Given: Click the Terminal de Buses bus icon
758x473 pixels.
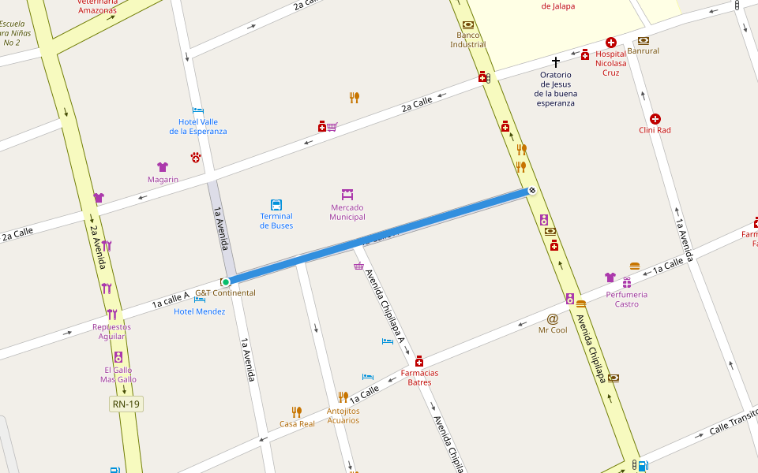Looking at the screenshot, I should coord(276,204).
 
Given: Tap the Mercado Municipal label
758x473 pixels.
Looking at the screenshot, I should coord(347,212).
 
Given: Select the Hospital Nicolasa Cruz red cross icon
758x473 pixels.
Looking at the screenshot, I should coord(610,43).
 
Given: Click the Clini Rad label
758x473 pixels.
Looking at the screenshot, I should coord(655,130).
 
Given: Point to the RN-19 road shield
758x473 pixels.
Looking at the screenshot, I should coord(126,404).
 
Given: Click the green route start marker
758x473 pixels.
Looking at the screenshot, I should coord(225,282).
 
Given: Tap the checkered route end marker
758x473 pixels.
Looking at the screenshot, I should coord(532,190).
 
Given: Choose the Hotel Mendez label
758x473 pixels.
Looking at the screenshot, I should coord(199,311).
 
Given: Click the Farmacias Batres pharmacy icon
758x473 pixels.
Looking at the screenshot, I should coord(419,360).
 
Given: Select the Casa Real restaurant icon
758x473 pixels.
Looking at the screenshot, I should coord(296,412).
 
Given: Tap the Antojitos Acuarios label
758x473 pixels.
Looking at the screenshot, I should coord(343,415).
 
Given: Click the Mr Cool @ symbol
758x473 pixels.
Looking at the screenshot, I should coord(553,318).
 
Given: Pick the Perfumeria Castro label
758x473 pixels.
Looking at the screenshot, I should coord(626,300).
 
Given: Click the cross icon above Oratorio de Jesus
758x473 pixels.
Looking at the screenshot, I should coord(556,61).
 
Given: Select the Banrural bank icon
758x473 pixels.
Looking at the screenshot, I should coord(643,40).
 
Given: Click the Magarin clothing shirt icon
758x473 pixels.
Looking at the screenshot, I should coord(163,167).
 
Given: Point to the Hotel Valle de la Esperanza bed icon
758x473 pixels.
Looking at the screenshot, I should coord(197,111).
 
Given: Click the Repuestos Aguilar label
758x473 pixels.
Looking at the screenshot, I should coord(111,332).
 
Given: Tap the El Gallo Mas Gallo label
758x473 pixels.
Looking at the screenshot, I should coord(118,374).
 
